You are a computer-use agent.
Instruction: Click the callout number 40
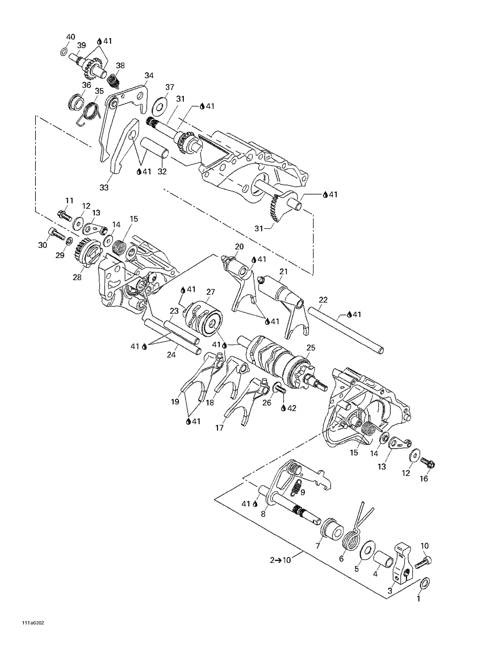click(x=71, y=37)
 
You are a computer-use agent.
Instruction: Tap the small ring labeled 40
click(x=64, y=52)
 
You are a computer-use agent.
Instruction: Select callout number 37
click(x=170, y=87)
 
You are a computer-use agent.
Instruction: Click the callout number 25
click(x=311, y=348)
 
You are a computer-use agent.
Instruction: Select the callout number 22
click(x=323, y=300)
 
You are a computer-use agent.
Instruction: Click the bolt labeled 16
click(x=427, y=463)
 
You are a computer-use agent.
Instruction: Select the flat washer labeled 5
click(x=366, y=551)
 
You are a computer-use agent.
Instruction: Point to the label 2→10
click(x=280, y=560)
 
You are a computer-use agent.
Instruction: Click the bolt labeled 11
click(x=65, y=216)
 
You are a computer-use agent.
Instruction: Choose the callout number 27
click(x=211, y=292)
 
